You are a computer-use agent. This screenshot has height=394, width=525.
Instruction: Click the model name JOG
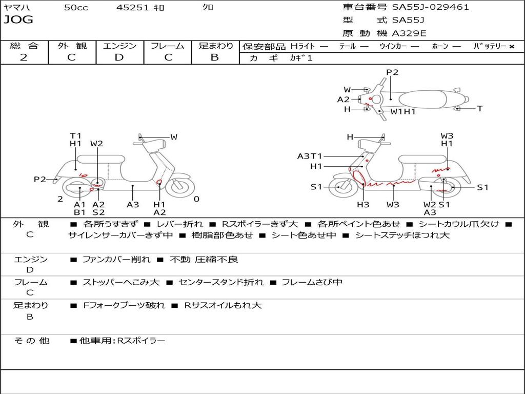click(x=18, y=20)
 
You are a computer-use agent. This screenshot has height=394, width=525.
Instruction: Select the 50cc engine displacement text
click(x=76, y=7)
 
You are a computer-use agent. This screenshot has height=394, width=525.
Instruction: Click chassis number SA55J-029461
click(x=431, y=7)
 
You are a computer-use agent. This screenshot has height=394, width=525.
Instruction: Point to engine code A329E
click(x=409, y=33)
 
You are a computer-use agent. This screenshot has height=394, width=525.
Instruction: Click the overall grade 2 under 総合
click(x=24, y=57)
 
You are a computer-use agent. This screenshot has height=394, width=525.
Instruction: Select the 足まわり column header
click(x=215, y=46)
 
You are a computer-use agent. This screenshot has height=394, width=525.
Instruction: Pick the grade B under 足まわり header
click(x=215, y=57)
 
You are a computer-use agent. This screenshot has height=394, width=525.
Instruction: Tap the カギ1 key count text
click(x=301, y=58)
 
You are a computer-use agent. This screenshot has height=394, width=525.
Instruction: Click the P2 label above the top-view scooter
click(x=392, y=72)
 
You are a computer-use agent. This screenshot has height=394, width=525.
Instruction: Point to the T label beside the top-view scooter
click(x=480, y=108)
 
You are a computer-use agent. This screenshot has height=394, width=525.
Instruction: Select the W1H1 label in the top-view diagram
click(x=403, y=111)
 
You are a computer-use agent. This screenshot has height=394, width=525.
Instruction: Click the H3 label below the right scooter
click(x=363, y=205)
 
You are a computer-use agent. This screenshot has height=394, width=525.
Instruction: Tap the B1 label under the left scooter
click(x=79, y=212)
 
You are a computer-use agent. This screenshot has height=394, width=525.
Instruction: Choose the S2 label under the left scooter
click(x=98, y=212)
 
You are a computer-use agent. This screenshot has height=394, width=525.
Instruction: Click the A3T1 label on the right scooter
click(x=310, y=156)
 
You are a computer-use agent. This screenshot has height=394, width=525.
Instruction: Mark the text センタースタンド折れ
click(x=221, y=282)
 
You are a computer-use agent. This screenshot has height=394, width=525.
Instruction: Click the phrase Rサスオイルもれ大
click(x=223, y=305)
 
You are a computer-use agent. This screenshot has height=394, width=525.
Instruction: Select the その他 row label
click(x=31, y=341)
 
